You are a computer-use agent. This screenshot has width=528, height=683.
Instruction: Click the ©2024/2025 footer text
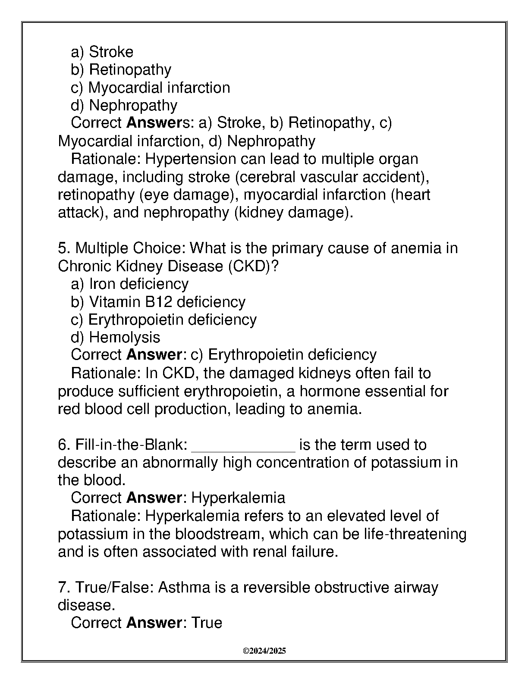pyautogui.click(x=264, y=651)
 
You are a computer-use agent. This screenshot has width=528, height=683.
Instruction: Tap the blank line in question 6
pyautogui.click(x=243, y=448)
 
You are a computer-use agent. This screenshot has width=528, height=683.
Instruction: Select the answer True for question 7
pyautogui.click(x=207, y=623)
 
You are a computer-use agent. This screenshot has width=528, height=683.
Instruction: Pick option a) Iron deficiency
pyautogui.click(x=129, y=284)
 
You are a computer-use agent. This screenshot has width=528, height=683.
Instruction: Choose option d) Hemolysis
pyautogui.click(x=115, y=337)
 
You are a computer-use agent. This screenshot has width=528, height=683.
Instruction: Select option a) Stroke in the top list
pyautogui.click(x=102, y=52)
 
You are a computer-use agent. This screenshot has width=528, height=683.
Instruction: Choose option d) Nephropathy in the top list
pyautogui.click(x=124, y=106)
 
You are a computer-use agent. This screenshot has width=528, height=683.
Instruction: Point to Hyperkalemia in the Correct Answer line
pyautogui.click(x=238, y=498)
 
